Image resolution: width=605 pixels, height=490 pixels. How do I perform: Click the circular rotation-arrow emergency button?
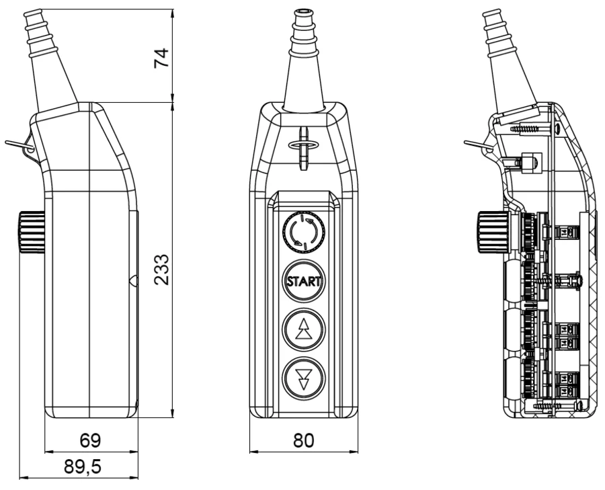click(x=303, y=231)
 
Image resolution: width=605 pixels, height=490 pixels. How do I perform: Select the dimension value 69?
click(x=90, y=440)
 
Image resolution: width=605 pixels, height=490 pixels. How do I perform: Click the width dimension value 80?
click(x=302, y=440)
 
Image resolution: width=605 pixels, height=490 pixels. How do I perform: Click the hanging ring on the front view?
click(x=302, y=144)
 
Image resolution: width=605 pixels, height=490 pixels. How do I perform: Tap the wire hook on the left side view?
click(x=17, y=145)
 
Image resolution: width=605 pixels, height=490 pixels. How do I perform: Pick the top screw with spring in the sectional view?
click(x=531, y=127)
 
